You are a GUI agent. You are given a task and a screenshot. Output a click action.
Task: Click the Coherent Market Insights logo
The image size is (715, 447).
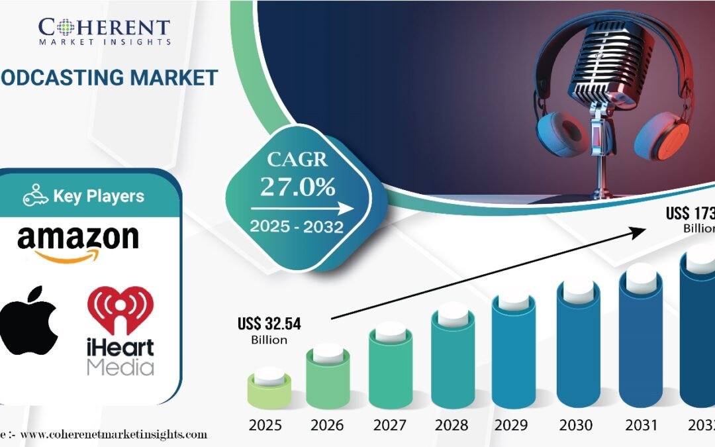click(x=104, y=31)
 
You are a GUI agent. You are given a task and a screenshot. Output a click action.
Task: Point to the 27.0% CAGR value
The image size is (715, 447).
click(x=297, y=187)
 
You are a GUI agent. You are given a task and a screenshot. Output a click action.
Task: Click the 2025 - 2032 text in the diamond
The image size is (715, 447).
click(x=296, y=227)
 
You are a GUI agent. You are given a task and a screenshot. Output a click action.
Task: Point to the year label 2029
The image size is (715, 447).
click(x=516, y=424)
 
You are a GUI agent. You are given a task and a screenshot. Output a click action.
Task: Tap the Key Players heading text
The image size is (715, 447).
click(x=99, y=197)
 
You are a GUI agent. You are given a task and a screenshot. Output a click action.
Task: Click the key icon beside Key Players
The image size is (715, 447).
click(x=36, y=197)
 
